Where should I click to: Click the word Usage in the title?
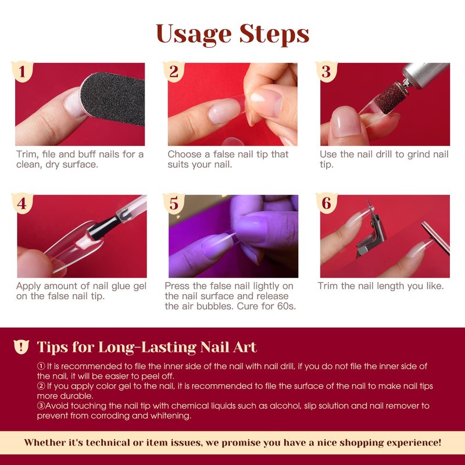tap(194, 34)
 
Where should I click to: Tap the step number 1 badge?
tap(22, 71)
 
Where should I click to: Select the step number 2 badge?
tap(174, 71)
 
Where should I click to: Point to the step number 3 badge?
tap(326, 71)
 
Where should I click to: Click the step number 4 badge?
tap(22, 203)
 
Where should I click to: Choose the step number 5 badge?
tap(174, 203)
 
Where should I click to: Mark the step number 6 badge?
tap(326, 203)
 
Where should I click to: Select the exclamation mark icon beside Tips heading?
tap(21, 346)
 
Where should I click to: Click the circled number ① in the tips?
tap(41, 366)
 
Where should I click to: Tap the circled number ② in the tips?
tap(41, 386)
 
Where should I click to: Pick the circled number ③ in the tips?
tap(41, 406)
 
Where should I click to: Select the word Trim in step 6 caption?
tap(328, 286)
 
